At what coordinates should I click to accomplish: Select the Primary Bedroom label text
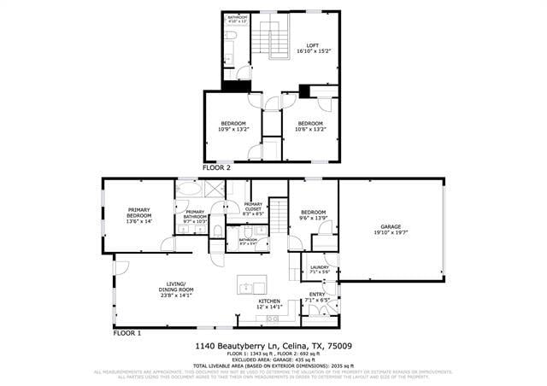click(138, 215)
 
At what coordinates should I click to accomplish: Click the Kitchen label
click(270, 303)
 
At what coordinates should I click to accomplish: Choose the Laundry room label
click(319, 269)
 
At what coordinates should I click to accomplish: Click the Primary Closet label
click(253, 207)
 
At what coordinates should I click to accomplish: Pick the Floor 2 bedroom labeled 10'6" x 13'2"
click(309, 126)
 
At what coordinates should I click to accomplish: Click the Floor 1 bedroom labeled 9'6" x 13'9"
click(313, 214)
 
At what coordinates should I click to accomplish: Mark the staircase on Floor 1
click(279, 217)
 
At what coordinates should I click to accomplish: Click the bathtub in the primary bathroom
click(189, 190)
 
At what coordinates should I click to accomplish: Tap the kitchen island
click(252, 286)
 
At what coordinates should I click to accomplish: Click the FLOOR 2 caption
click(216, 168)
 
